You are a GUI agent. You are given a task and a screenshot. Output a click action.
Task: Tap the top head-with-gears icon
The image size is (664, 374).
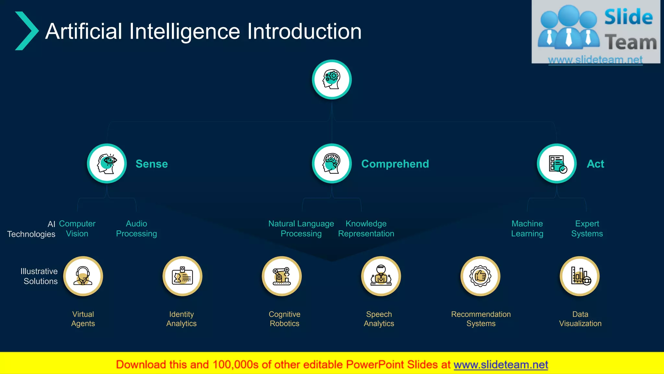332,80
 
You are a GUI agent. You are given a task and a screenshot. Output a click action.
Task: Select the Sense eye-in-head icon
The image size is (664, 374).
107,164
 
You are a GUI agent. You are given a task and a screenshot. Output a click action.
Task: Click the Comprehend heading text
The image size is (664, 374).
395,164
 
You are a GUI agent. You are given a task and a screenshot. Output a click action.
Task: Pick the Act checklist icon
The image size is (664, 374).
557,164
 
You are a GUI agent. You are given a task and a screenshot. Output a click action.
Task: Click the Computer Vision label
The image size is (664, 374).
77,229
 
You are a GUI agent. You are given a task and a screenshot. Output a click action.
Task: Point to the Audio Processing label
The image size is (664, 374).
136,229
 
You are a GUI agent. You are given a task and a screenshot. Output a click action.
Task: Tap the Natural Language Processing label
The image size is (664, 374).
301,229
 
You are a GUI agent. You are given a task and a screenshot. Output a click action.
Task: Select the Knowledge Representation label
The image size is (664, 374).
366,229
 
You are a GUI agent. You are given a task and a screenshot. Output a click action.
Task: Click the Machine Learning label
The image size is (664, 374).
527,229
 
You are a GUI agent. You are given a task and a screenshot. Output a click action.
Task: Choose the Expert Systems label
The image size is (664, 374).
587,229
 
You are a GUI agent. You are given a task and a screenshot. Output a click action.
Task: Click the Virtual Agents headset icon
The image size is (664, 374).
83,276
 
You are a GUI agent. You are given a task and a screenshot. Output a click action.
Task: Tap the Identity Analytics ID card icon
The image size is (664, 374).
182,276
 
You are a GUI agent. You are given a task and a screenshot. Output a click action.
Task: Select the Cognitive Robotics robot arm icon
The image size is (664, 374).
282,276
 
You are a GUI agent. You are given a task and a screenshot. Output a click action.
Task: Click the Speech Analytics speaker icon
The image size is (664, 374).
381,276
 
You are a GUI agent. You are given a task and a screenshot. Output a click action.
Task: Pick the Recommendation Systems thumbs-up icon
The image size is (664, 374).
480,276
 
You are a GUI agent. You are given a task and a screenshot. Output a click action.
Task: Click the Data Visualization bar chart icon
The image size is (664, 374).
580,276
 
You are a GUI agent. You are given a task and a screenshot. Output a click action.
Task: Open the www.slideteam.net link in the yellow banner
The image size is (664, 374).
501,365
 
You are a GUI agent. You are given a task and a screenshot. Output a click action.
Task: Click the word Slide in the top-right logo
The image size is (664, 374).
628,17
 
